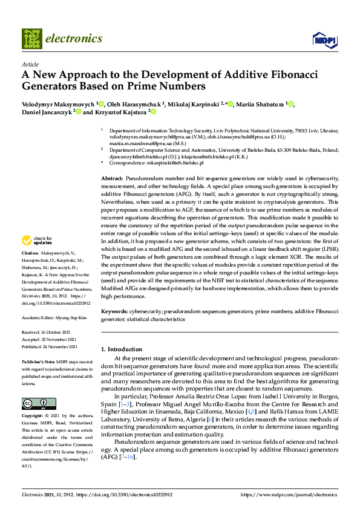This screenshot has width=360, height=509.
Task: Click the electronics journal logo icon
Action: [x=32, y=38]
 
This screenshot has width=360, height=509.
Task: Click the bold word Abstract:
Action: [x=112, y=180]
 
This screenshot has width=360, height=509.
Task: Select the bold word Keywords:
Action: [x=114, y=311]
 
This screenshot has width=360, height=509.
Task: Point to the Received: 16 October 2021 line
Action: [x=51, y=332]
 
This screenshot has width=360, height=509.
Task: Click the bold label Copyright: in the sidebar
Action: [x=33, y=417]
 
